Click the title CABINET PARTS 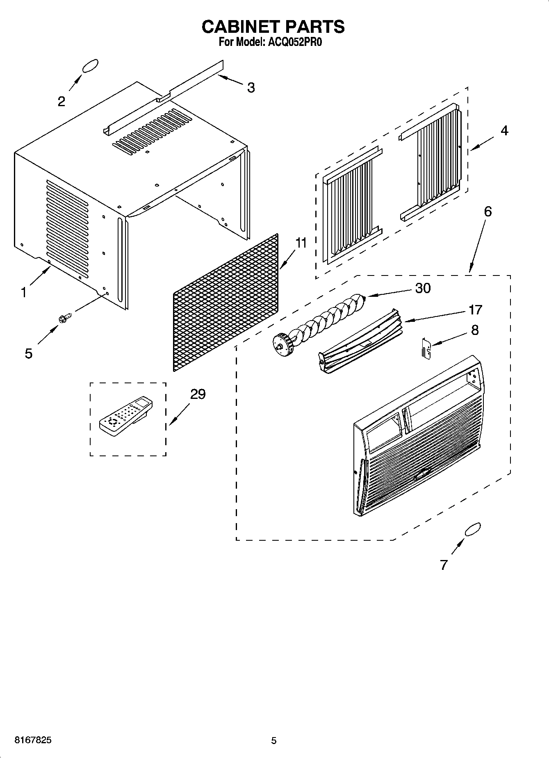[x=273, y=27]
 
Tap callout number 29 [x=198, y=394]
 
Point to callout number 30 [x=423, y=288]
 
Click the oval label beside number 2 [x=90, y=66]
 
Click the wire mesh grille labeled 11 [x=226, y=303]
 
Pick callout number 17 [x=475, y=310]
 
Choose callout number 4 [x=504, y=131]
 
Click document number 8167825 [x=33, y=740]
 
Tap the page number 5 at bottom [x=273, y=740]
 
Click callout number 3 [x=251, y=87]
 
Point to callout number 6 [x=487, y=212]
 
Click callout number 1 [x=24, y=292]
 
